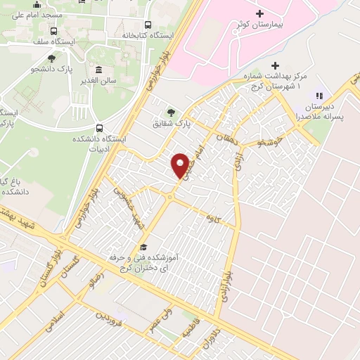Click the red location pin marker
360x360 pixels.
click(x=181, y=165)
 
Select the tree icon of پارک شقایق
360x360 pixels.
click(x=170, y=112)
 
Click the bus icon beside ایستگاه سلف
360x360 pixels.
click(x=54, y=32)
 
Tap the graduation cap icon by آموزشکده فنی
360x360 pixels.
click(x=144, y=247)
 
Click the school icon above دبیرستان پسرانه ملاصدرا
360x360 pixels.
click(x=319, y=96)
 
